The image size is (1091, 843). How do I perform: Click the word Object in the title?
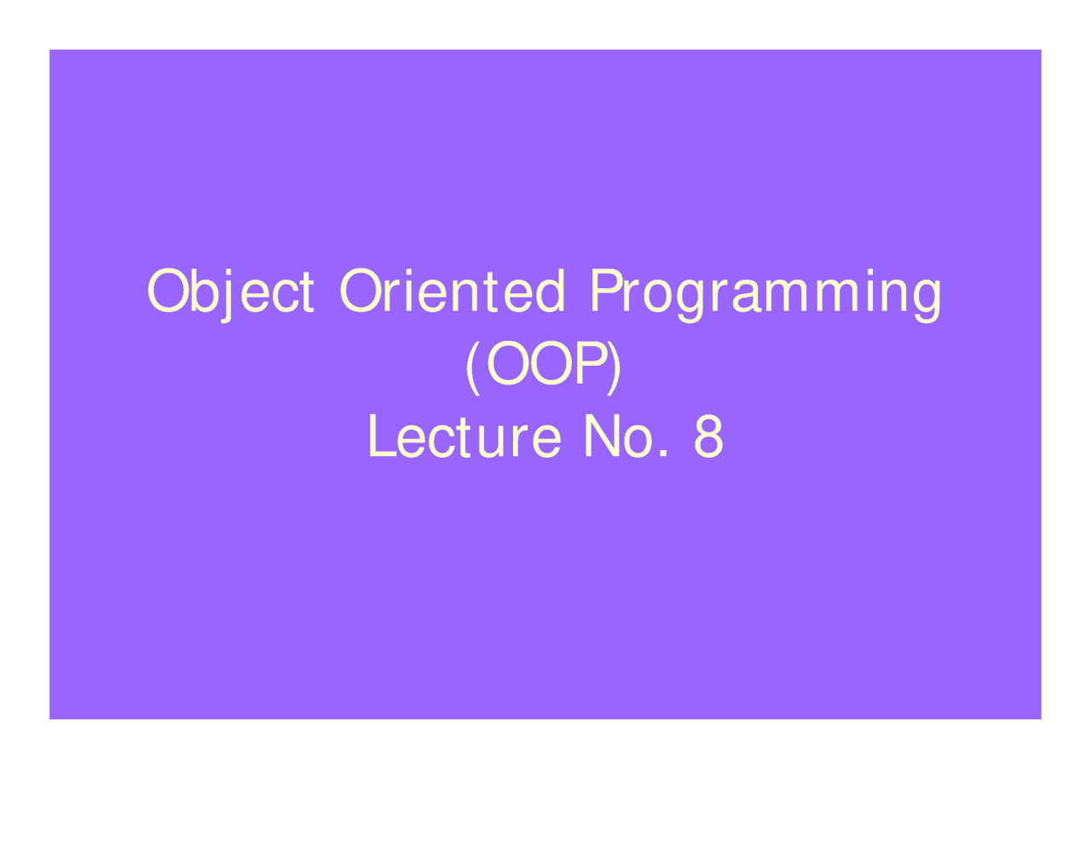coord(230,292)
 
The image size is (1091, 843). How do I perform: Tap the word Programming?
coord(765,295)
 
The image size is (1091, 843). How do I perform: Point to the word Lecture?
coord(465,436)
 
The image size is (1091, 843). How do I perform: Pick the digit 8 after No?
coord(708,436)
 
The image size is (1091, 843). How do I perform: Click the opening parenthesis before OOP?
coord(472,367)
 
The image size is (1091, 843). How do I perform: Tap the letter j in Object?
coord(227,297)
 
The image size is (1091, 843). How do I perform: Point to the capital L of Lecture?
coord(383,436)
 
